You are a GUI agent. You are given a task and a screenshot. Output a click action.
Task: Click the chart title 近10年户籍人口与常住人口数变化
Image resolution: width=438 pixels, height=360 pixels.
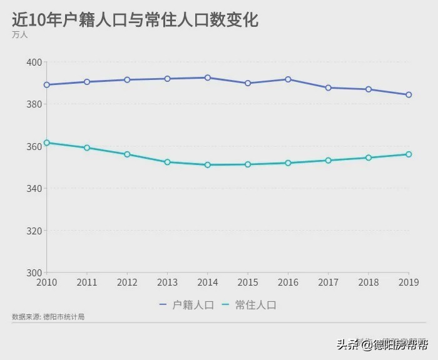(135, 19)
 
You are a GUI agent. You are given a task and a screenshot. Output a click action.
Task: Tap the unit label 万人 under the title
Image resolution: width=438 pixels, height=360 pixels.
(19, 35)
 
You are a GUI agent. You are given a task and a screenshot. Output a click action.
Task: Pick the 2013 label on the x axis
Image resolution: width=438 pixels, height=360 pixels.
(167, 282)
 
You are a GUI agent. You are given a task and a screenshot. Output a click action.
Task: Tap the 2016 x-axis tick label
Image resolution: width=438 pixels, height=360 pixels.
(288, 282)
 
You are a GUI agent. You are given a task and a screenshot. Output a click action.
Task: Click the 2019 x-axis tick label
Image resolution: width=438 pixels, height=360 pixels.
(408, 282)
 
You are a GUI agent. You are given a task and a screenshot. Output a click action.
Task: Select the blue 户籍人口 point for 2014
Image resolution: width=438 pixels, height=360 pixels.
(208, 77)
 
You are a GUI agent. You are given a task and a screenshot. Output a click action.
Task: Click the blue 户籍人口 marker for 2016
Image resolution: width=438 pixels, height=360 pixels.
(288, 79)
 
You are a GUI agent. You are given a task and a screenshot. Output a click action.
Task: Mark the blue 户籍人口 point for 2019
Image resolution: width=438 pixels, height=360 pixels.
(409, 95)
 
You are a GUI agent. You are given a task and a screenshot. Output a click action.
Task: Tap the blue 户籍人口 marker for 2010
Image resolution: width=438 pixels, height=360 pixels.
(47, 84)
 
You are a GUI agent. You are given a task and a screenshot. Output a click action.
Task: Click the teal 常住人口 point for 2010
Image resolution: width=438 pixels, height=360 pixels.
(47, 142)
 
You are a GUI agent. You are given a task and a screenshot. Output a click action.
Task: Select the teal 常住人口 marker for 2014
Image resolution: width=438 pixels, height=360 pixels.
(208, 165)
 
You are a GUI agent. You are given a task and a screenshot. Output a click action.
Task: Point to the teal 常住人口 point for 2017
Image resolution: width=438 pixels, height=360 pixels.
(328, 161)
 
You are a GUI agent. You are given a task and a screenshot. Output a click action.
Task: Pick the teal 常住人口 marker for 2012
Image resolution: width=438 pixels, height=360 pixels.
(127, 154)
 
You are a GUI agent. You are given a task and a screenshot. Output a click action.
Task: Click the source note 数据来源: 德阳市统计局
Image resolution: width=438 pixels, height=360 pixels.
(48, 317)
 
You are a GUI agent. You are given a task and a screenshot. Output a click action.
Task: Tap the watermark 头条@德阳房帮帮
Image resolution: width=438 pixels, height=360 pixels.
(382, 344)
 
